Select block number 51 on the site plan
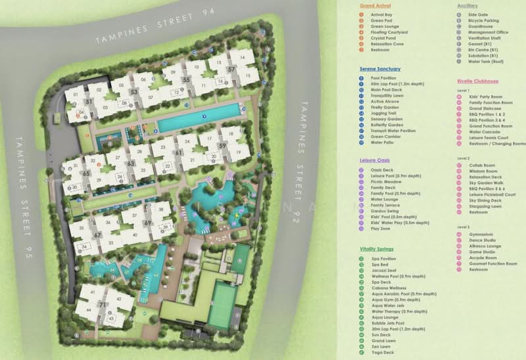tap(88, 102)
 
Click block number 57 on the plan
tap(231, 69)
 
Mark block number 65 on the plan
tap(86, 173)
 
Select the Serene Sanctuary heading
tap(380, 69)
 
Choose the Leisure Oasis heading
tap(375, 160)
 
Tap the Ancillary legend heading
tap(467, 6)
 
